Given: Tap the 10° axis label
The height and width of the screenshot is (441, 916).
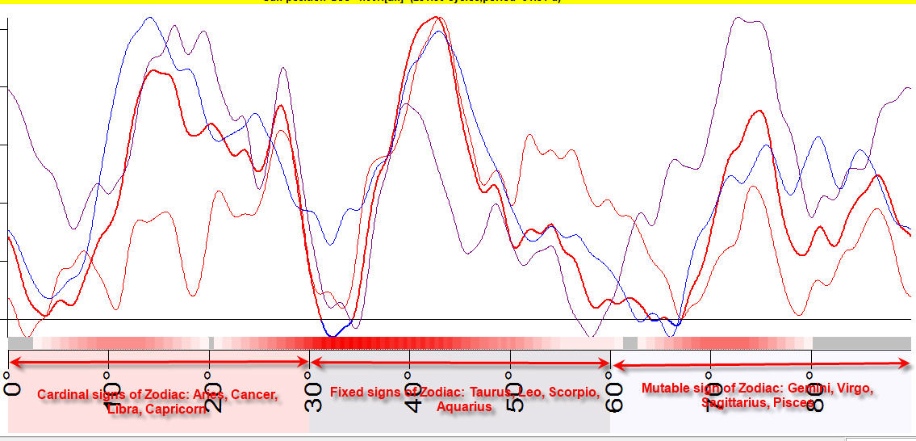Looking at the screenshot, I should (111, 393).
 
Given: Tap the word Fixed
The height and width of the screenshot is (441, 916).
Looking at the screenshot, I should (347, 393).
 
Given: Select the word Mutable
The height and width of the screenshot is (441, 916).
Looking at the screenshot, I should (664, 388).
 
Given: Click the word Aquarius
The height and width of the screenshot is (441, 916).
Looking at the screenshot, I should (464, 407).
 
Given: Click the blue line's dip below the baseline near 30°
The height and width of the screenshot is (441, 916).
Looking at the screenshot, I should (331, 334).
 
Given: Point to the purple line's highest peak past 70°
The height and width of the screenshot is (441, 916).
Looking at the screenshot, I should (736, 18).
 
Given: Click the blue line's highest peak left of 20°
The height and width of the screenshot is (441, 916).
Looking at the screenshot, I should (148, 18).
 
